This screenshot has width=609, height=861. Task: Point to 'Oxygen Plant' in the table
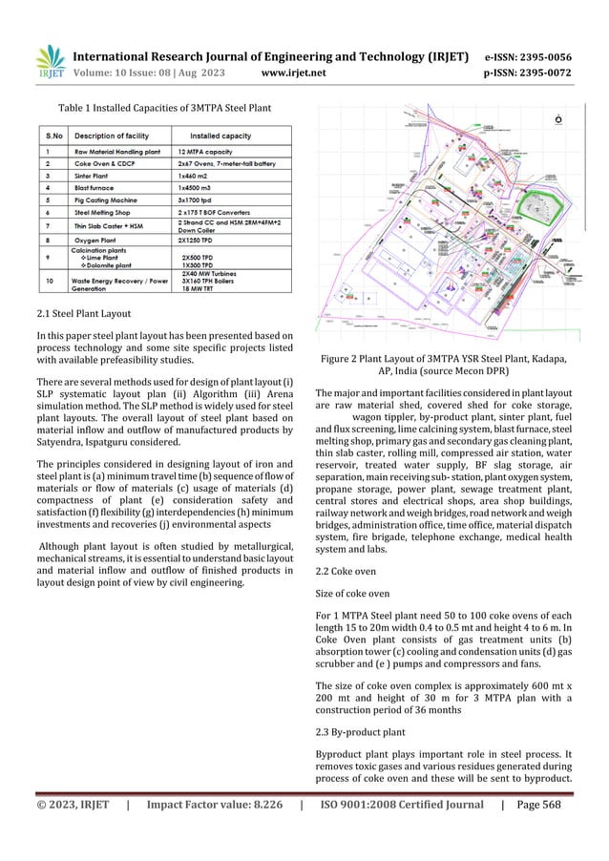click(102, 241)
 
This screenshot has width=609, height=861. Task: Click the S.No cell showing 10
click(49, 281)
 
